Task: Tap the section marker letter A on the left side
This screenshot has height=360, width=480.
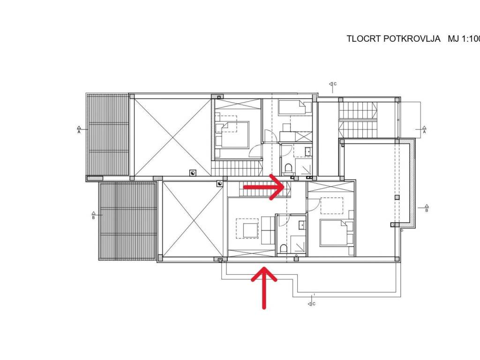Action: tap(79, 132)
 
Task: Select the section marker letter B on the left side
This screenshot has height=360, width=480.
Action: tap(93, 217)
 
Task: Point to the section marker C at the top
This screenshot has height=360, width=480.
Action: tap(334, 84)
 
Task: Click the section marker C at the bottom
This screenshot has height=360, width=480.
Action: tap(314, 304)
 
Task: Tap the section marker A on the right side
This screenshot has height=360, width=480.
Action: tap(424, 132)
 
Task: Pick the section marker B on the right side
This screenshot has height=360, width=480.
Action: tap(426, 210)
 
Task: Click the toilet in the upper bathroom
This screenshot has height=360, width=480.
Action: tap(288, 168)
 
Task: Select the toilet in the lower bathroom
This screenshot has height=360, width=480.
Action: tap(283, 247)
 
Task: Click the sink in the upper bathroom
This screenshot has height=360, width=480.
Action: tap(307, 151)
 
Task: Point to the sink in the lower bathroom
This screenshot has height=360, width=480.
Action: tap(302, 225)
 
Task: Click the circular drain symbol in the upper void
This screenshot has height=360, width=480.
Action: tap(193, 172)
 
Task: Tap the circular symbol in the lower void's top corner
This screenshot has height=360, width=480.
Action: tap(219, 184)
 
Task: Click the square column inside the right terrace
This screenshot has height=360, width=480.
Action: tap(397, 197)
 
